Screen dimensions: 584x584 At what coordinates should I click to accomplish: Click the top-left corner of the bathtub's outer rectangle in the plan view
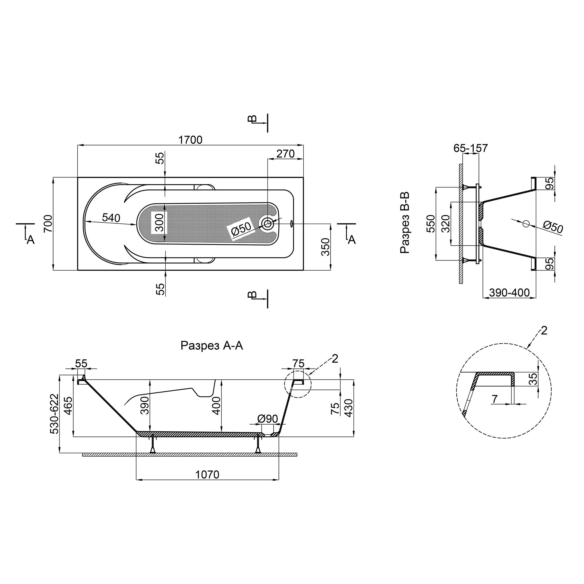(x=78, y=178)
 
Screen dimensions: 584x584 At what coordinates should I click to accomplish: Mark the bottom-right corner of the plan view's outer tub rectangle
(x=303, y=270)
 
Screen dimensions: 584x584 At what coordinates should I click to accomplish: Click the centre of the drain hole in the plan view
(x=267, y=224)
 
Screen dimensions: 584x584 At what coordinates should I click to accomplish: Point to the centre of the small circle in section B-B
(x=526, y=224)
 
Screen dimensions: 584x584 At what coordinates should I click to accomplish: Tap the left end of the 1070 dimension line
(x=137, y=479)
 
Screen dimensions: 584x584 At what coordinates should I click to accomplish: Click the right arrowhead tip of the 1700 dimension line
(x=303, y=145)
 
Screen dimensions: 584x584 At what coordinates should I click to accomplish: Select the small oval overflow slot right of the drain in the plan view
(x=291, y=224)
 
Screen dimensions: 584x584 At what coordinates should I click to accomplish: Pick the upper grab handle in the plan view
(x=205, y=187)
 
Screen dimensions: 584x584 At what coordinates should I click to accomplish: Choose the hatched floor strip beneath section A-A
(x=190, y=455)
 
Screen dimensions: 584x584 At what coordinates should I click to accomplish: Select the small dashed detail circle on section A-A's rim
(x=298, y=385)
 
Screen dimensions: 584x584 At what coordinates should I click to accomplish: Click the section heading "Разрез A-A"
(x=212, y=346)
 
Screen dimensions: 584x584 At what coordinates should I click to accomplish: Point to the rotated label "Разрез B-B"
(x=405, y=223)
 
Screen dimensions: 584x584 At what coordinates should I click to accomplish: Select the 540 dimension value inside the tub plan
(x=111, y=218)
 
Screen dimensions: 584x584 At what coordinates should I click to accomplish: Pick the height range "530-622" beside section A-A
(x=55, y=413)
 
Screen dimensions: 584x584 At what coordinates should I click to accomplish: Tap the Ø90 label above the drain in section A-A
(x=267, y=419)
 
